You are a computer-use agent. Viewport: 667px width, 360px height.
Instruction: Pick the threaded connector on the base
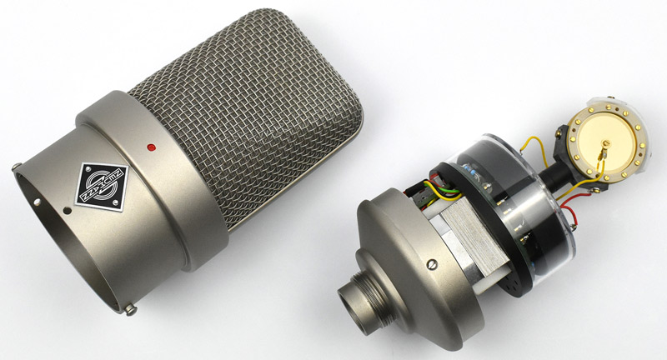[359, 292]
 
